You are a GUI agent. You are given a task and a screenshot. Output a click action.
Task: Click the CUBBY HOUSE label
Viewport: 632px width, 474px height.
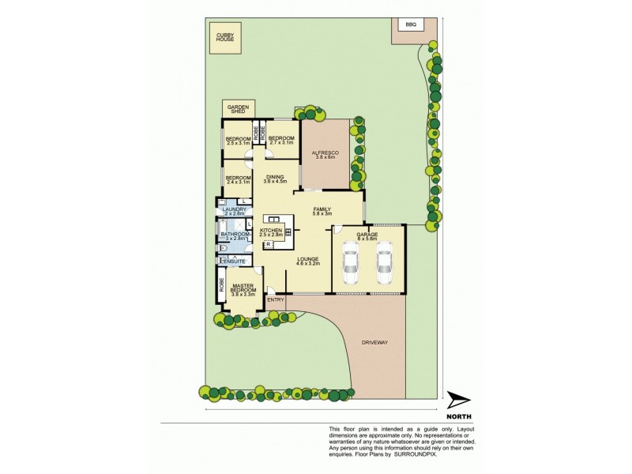[x=220, y=37]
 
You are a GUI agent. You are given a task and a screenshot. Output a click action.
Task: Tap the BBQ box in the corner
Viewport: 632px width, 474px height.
[x=410, y=25]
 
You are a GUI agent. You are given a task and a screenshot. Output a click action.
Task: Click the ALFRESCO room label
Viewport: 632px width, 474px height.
[x=325, y=153]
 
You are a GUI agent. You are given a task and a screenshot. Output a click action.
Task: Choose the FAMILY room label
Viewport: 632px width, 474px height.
[x=322, y=210]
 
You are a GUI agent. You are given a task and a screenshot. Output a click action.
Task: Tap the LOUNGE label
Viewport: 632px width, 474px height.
[x=308, y=261]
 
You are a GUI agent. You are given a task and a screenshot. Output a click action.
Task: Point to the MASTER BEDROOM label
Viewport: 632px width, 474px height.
[x=243, y=289]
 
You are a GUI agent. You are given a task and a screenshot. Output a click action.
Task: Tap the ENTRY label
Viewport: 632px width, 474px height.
[x=276, y=299]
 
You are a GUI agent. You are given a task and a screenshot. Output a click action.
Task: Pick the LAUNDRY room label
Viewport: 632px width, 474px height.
[x=235, y=210]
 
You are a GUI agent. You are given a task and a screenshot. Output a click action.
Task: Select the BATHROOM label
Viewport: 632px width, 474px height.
[x=235, y=235]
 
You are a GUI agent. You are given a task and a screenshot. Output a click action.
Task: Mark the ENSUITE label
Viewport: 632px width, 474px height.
[x=234, y=261]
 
